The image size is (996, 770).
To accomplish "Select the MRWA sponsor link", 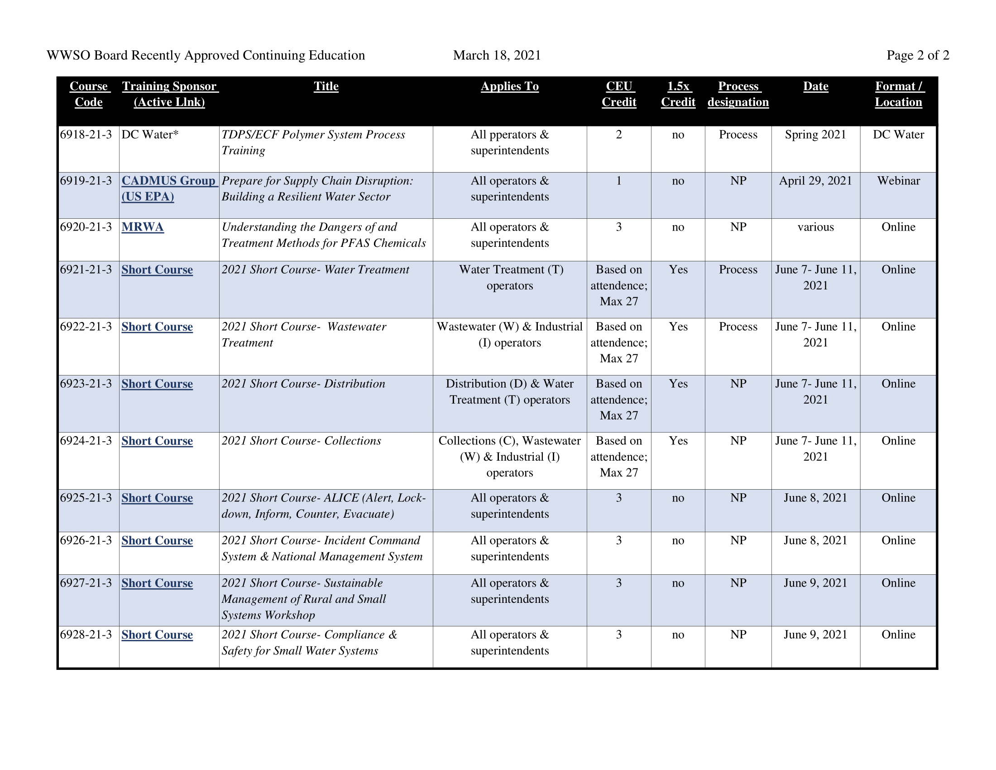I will coord(142,227).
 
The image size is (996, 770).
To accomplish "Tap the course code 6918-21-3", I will coord(86,135).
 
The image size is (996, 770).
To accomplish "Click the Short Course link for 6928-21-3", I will coord(157,635).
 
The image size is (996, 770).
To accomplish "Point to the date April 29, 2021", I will coord(815,181).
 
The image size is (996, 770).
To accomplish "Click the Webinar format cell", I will coord(898,181).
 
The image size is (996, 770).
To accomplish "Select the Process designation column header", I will coord(738,94).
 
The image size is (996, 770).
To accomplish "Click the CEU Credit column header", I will coord(618,94).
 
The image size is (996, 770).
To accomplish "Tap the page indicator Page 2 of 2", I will coord(917,55).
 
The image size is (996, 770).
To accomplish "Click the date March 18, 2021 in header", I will coord(497,55).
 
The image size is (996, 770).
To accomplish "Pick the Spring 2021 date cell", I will coord(815,135).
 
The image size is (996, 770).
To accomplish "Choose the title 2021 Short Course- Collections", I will coord(301,441).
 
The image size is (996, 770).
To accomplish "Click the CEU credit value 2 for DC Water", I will coord(618,135).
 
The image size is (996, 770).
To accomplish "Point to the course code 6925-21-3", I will coord(86,498).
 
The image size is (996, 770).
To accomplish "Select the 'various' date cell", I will coord(815,227).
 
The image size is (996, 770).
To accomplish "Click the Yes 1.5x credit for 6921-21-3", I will coord(678,270).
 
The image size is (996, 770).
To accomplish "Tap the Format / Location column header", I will coord(898,94).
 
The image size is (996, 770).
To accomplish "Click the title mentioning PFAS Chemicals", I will coord(323,236).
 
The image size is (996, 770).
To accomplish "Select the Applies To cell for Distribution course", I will coord(509,392).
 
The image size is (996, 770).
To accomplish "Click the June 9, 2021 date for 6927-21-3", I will coord(815,583).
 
